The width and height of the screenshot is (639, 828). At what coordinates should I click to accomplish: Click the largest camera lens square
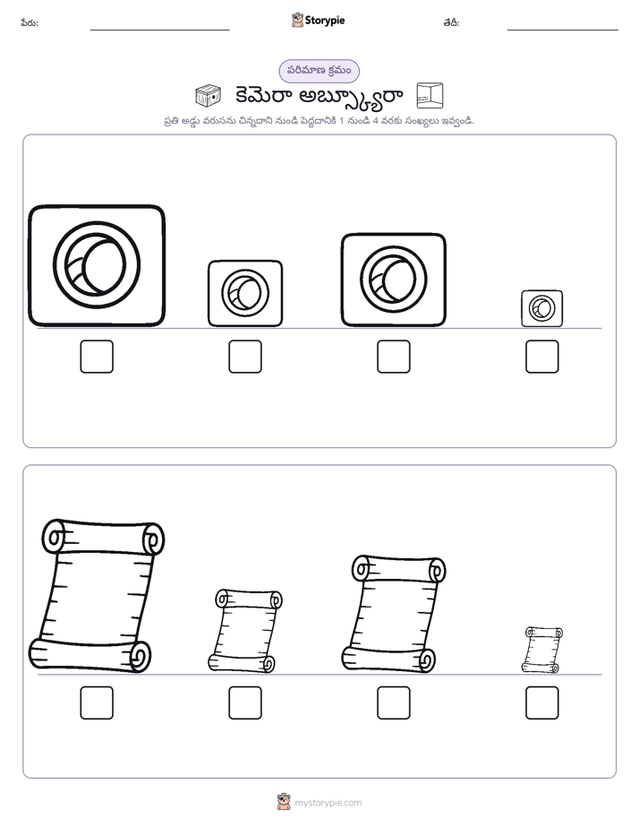(x=97, y=265)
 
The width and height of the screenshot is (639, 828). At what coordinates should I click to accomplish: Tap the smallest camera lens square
(x=542, y=308)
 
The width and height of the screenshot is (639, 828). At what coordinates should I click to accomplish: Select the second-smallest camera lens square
(x=245, y=293)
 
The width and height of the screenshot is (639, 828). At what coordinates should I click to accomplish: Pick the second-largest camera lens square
(x=393, y=280)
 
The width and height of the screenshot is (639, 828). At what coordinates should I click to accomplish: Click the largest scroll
(x=97, y=596)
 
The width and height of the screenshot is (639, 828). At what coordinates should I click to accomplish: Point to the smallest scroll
(x=542, y=650)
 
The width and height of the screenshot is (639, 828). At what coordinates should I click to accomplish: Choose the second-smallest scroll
(x=245, y=631)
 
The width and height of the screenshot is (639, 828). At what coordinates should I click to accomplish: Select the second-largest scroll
(x=393, y=614)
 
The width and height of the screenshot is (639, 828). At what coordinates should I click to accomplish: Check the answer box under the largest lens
(x=97, y=357)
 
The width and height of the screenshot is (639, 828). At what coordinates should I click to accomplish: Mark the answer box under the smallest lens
(x=542, y=357)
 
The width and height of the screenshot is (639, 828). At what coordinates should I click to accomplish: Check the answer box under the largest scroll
(x=97, y=703)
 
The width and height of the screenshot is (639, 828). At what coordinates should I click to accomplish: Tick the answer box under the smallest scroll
(x=542, y=703)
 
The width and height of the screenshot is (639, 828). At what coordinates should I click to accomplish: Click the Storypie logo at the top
(x=318, y=20)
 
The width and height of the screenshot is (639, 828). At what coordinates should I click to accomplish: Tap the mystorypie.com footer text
(x=328, y=803)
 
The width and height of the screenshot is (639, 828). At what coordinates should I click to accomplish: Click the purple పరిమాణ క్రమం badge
(x=319, y=71)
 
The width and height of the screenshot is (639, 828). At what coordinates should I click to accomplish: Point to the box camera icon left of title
(x=208, y=96)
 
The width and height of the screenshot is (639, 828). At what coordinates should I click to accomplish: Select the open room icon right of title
(x=430, y=96)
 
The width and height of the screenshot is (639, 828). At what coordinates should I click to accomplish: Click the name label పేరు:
(x=30, y=22)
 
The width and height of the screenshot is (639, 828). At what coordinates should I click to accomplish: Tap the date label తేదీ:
(x=451, y=22)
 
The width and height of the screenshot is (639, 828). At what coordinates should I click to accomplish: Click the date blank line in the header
(x=563, y=30)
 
